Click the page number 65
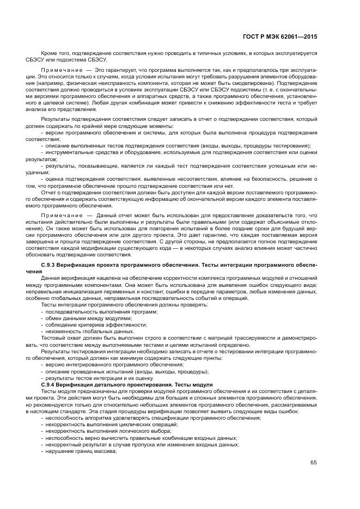[x=314, y=463]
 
